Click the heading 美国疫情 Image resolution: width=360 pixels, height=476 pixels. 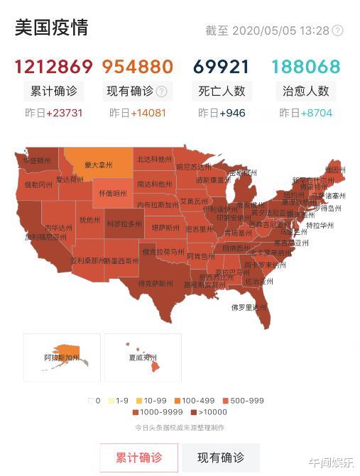(x=52, y=28)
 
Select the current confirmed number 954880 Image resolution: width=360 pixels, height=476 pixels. (x=138, y=67)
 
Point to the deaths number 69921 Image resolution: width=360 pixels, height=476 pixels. (x=221, y=67)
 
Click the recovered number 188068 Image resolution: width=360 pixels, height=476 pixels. (x=305, y=67)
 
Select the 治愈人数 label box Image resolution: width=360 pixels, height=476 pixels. (x=305, y=91)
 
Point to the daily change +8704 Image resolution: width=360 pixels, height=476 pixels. (x=315, y=114)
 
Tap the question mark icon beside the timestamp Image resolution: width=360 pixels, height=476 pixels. (x=338, y=31)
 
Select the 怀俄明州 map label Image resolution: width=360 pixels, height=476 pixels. (x=114, y=193)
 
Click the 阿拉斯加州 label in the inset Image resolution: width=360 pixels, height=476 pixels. (x=61, y=358)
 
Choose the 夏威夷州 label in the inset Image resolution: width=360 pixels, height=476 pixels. (x=143, y=358)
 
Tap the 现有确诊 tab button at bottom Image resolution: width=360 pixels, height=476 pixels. (x=220, y=458)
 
